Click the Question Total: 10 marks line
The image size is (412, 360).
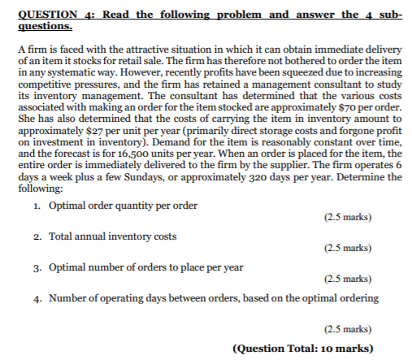(x=303, y=349)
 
